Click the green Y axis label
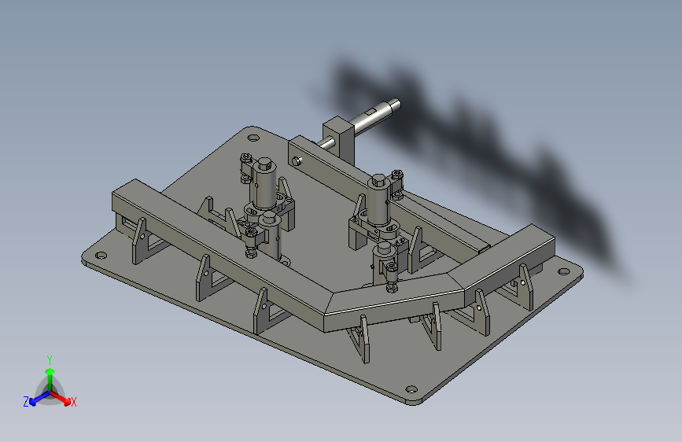[x=49, y=358]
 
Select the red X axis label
[x=74, y=403]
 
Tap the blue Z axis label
[x=26, y=402]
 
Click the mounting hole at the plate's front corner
[x=410, y=389]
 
